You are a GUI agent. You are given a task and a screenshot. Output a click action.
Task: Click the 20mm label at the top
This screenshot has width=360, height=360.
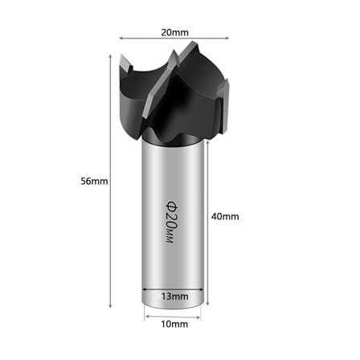point(174,33)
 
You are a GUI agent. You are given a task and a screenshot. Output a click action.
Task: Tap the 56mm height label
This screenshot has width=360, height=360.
point(94,182)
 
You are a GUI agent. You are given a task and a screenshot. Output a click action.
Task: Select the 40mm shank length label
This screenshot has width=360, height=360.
point(225,216)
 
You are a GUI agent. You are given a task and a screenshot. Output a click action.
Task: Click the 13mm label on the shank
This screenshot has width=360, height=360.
point(174,297)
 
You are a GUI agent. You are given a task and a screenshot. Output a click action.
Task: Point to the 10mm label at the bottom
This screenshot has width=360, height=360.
point(174,325)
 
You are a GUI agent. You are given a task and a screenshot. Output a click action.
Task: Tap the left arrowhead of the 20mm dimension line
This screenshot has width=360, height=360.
point(121,39)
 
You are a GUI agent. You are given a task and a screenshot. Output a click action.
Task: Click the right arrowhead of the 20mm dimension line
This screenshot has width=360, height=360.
point(227,38)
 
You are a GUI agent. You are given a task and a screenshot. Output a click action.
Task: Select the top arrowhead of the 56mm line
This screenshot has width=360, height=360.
point(110,56)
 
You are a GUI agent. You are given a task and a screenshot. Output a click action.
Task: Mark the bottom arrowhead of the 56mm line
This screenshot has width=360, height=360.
point(110,305)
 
